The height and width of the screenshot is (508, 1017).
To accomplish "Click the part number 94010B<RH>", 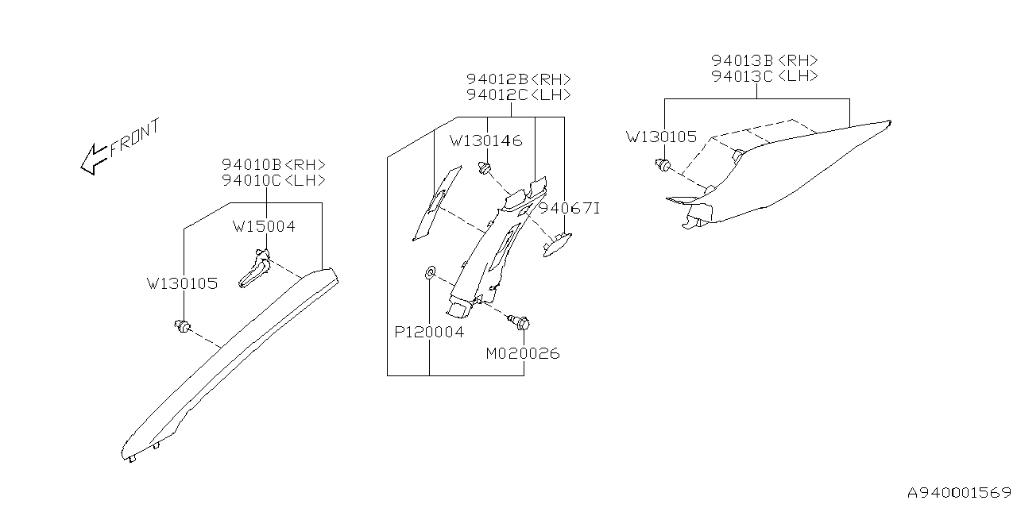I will pyautogui.click(x=273, y=164).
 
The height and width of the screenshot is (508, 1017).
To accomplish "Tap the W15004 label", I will pyautogui.click(x=264, y=226).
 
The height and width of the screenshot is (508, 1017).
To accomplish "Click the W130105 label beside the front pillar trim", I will pyautogui.click(x=182, y=283).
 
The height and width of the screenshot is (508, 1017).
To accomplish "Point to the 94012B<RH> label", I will pyautogui.click(x=518, y=79).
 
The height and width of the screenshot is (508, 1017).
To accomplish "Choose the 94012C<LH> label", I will pyautogui.click(x=518, y=94).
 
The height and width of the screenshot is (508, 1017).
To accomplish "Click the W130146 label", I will pyautogui.click(x=485, y=140).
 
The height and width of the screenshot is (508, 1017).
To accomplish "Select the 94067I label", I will pyautogui.click(x=569, y=209).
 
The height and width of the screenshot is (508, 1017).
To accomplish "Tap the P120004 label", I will pyautogui.click(x=429, y=332).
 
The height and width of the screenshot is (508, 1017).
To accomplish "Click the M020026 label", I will pyautogui.click(x=523, y=353).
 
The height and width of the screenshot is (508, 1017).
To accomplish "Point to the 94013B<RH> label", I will pyautogui.click(x=764, y=60).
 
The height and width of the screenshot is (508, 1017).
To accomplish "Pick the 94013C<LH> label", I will pyautogui.click(x=764, y=75).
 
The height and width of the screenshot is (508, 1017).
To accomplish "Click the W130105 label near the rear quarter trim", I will pyautogui.click(x=661, y=137).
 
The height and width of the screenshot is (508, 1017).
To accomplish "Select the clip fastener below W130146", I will pyautogui.click(x=484, y=167).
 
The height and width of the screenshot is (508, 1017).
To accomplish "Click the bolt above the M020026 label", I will pyautogui.click(x=521, y=323).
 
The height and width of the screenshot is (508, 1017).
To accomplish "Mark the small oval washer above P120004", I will pyautogui.click(x=429, y=274).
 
